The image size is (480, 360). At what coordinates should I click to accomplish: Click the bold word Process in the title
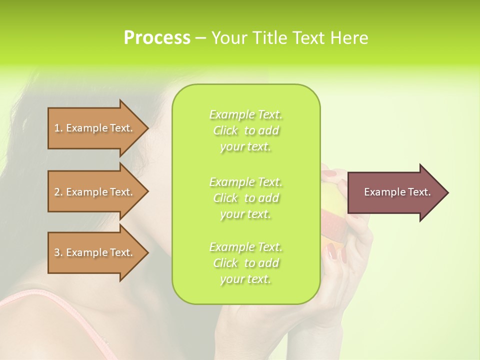[157, 38]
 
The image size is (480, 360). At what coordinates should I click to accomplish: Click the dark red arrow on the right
[395, 192]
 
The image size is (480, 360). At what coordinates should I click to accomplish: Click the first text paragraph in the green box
[245, 130]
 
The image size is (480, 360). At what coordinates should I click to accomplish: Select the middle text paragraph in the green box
[245, 198]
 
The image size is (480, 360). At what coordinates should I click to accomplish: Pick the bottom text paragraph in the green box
[245, 263]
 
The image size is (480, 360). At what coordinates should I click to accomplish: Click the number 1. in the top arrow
[58, 128]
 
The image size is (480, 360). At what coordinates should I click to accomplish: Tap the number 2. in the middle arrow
[58, 192]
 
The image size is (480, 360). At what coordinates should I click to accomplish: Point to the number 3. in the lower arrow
[58, 252]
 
